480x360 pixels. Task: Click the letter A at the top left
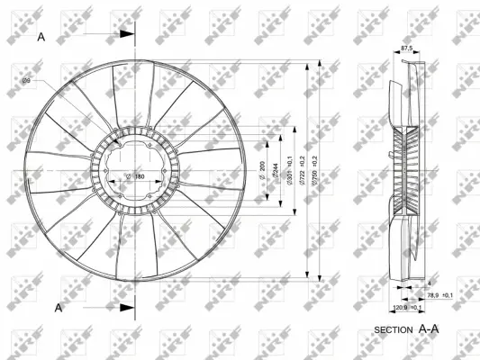coord(41,37)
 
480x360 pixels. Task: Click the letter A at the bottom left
coord(59,308)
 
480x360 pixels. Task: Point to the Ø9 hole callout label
coord(27,82)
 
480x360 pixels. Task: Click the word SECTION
coord(391,330)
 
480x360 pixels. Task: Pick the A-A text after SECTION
coord(429,329)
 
